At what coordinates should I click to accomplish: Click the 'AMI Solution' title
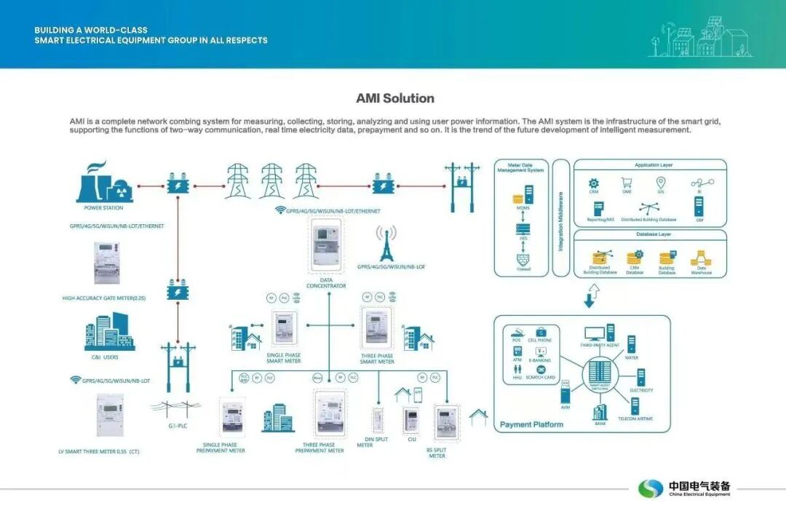click(x=395, y=98)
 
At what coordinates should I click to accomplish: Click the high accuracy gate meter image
click(x=106, y=262)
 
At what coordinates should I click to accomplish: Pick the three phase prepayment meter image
click(x=327, y=413)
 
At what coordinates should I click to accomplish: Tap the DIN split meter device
click(x=378, y=421)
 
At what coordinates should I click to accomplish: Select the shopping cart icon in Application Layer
click(x=626, y=183)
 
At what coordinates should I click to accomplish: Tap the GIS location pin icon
click(x=661, y=183)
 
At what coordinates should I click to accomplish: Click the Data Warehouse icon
click(x=702, y=258)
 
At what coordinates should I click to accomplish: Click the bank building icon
click(x=600, y=412)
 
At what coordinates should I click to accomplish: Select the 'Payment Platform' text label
click(x=531, y=425)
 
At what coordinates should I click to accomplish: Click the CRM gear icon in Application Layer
click(x=593, y=183)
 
